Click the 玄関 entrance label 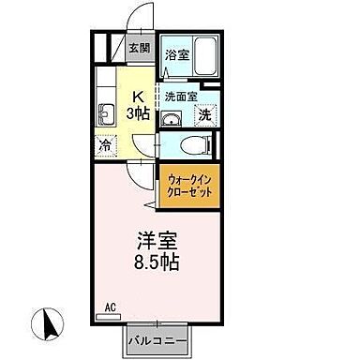pos(139,47)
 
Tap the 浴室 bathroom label pos(177,55)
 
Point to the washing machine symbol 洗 pos(204,115)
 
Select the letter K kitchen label pos(137,95)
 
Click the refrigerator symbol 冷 pos(106,145)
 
